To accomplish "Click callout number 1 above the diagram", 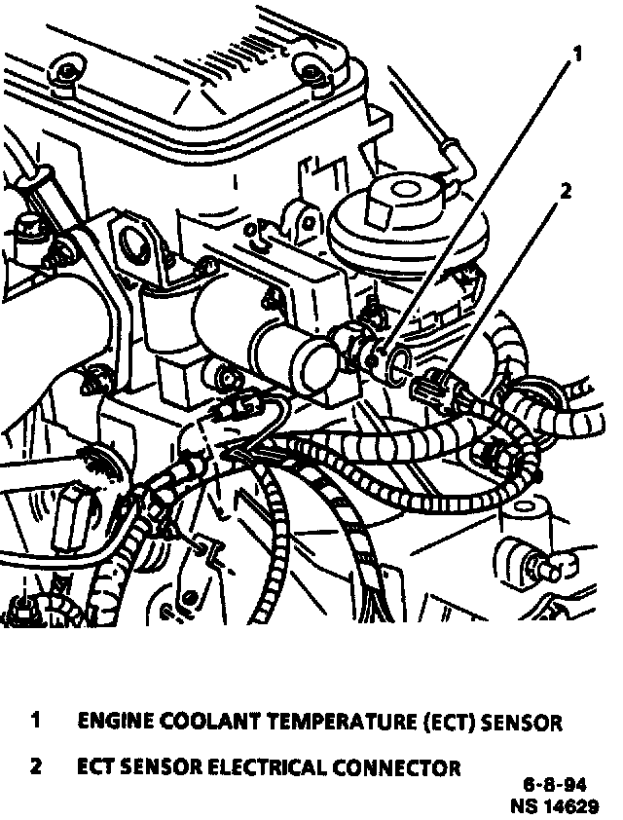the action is click(577, 54).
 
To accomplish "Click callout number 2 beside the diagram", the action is click(566, 192).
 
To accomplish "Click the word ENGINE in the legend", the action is click(115, 723).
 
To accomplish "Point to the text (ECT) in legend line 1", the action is click(448, 723).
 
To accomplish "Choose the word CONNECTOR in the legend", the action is click(397, 767).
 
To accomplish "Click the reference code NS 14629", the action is click(555, 804).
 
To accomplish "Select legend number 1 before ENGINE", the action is click(36, 721).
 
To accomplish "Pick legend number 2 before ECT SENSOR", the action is click(36, 766).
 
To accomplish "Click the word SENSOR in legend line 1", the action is click(521, 723).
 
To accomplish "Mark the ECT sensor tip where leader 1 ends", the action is click(373, 360).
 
